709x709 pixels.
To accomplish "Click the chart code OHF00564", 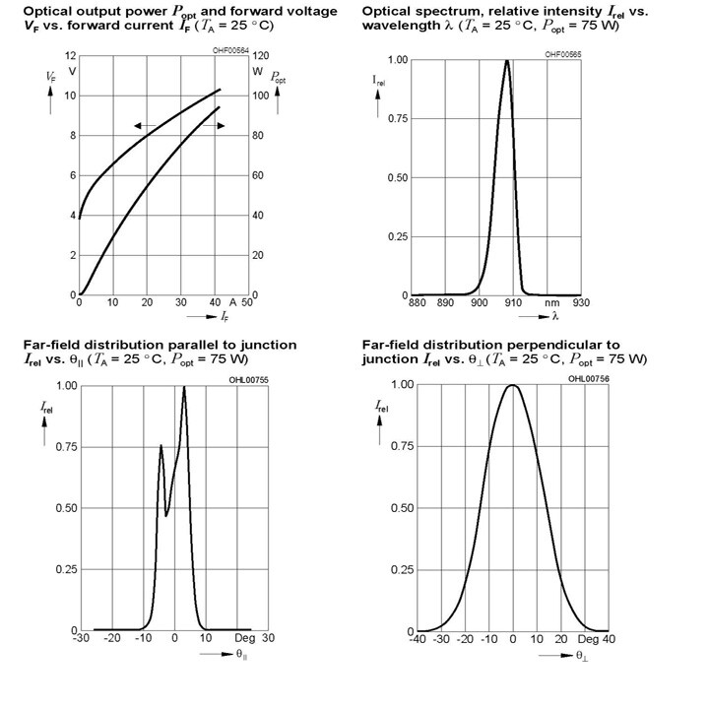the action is [230, 50].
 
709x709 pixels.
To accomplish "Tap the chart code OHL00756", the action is [589, 378].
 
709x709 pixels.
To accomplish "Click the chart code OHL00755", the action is [248, 380].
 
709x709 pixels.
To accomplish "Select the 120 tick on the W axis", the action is [260, 56].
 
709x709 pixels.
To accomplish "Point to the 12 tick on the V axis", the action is [71, 56].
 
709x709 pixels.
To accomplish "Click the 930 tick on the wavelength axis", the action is [581, 302].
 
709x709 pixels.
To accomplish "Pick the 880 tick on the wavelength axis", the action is [417, 302].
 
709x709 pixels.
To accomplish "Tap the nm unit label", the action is [552, 303].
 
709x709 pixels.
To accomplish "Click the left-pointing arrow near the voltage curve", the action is [145, 126].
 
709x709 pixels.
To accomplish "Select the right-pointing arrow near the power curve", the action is [214, 126].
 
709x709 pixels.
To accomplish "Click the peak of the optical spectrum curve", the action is [507, 61].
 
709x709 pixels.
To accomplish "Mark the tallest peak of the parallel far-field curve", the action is [184, 387].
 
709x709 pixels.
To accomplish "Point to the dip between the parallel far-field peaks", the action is [166, 515].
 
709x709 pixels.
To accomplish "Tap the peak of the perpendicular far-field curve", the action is [512, 385].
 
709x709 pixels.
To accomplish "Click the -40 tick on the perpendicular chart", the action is [418, 639].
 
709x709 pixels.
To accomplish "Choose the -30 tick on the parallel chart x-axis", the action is [81, 638].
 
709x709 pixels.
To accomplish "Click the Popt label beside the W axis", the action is [278, 78].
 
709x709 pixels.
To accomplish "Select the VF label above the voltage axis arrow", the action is [50, 77].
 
